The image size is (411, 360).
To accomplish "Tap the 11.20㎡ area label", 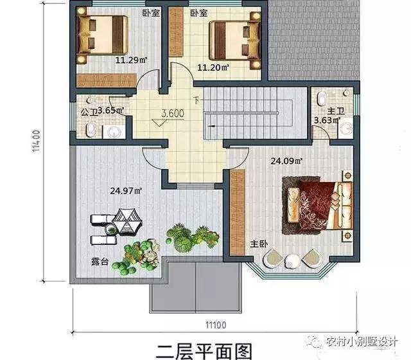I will click(212, 66).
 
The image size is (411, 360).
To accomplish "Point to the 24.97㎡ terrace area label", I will click(125, 190).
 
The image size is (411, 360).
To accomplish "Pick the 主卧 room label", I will click(258, 244).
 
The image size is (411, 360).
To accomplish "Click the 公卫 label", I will click(88, 111).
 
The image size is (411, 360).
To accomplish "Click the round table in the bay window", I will click(292, 261).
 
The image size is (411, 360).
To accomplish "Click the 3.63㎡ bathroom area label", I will click(326, 120).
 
